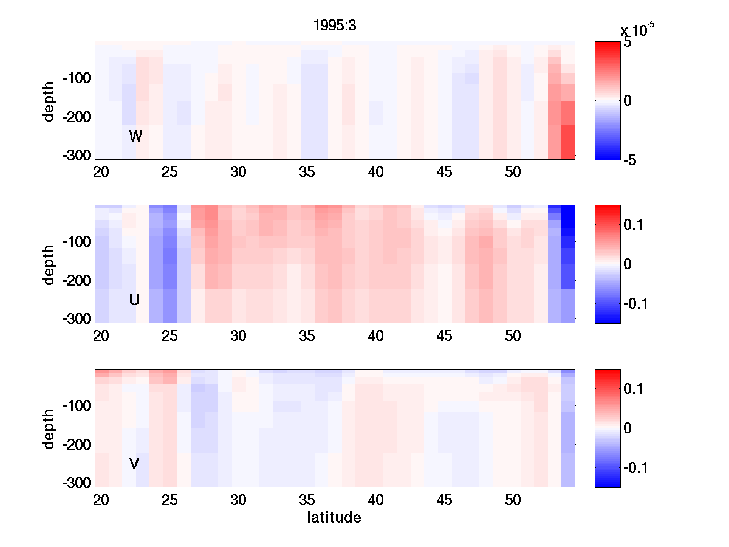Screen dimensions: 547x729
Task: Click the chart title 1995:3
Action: [334, 26]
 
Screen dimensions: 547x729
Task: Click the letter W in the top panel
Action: [135, 136]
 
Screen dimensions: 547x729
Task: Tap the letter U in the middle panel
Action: [135, 300]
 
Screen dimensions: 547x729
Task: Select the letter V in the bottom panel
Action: [134, 464]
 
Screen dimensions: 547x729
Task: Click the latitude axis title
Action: [334, 518]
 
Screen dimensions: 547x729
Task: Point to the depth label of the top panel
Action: [49, 100]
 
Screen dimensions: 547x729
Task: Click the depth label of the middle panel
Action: [49, 264]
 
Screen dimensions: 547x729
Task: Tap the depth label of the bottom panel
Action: [49, 428]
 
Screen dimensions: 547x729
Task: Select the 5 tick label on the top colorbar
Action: [627, 44]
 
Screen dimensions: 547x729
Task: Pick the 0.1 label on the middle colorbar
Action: [633, 225]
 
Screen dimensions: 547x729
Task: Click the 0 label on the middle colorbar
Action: [628, 264]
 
